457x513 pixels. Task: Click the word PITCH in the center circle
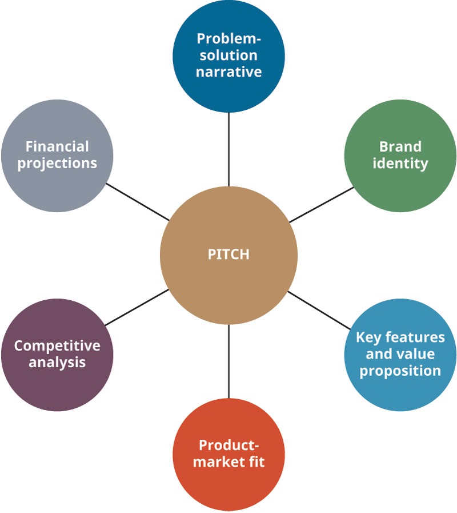228,254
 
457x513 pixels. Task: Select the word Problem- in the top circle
228,39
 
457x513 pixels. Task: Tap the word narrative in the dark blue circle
228,71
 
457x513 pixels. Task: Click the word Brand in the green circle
400,146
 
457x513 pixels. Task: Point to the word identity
400,163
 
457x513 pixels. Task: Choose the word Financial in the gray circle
57,146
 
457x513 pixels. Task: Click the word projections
57,164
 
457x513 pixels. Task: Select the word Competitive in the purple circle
57,346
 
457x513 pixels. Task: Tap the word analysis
57,363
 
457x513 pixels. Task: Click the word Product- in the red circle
229,446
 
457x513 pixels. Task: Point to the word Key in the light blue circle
368,337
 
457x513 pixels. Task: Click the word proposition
400,371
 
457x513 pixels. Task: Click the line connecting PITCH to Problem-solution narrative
229,149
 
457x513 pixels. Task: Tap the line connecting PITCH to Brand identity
322,205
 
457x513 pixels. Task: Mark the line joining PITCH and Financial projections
138,202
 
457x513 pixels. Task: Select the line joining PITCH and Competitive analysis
137,308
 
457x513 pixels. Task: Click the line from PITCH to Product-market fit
229,361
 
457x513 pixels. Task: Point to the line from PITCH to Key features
319,310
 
